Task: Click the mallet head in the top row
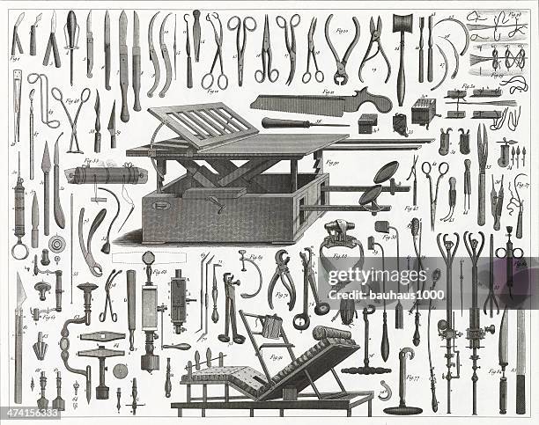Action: point(402,24)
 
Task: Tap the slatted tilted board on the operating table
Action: point(202,124)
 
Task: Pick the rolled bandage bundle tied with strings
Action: point(107,175)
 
